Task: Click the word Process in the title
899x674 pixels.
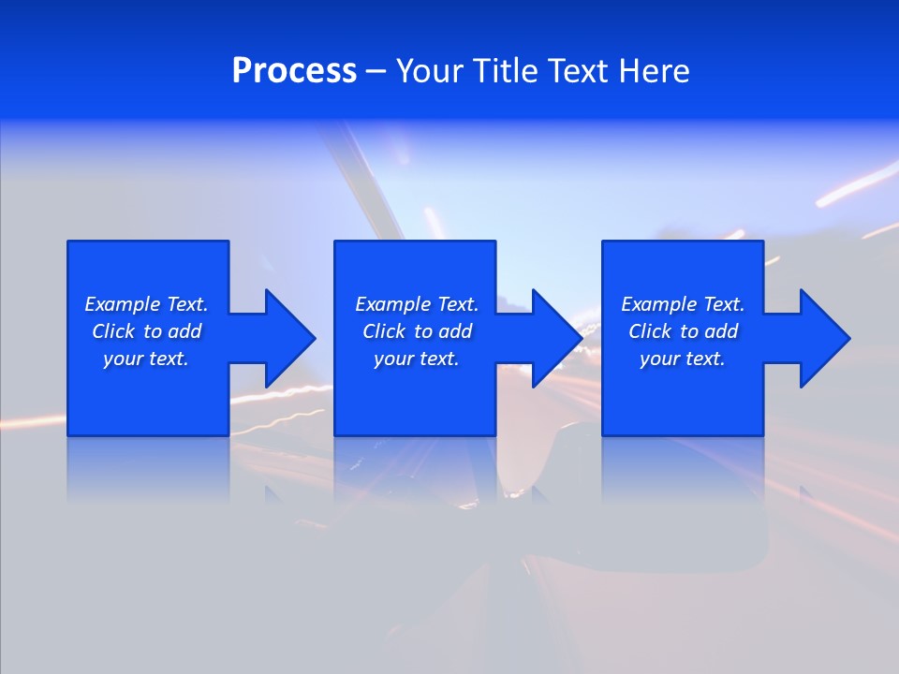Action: (294, 71)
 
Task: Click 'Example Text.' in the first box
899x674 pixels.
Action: (146, 304)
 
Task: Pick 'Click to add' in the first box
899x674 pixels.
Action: (146, 331)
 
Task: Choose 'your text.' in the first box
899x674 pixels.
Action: (146, 359)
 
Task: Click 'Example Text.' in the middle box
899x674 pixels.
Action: (417, 304)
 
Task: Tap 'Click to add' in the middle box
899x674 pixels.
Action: (417, 331)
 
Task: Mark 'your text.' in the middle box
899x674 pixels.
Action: (417, 359)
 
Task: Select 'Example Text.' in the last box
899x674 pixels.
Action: (683, 304)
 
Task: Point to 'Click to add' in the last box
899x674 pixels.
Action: (683, 331)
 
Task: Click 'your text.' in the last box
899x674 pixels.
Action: (683, 359)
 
